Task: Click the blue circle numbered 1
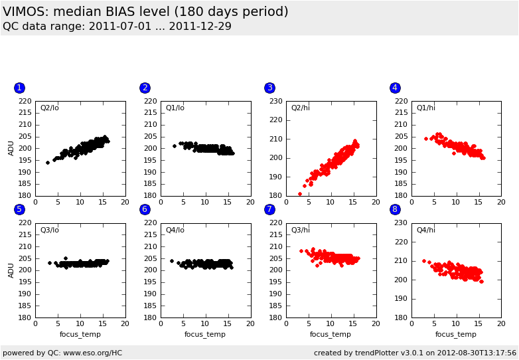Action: pos(19,88)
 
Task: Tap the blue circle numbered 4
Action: pos(395,88)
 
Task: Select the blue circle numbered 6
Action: pos(145,209)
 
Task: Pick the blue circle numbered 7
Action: pos(269,209)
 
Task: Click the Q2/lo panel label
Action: pos(50,108)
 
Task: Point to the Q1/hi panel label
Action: pos(426,108)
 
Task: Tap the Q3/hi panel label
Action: pos(301,230)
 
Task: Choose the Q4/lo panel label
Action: pos(175,230)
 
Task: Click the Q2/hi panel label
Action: pos(301,108)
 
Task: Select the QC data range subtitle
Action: pos(117,27)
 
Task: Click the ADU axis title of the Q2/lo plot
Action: pos(11,148)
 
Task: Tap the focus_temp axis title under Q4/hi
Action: pos(456,334)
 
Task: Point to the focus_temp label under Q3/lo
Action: pos(80,334)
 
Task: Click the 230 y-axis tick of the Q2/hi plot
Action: pos(277,102)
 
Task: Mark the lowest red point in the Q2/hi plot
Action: pos(299,194)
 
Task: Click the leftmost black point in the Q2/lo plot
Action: pos(48,162)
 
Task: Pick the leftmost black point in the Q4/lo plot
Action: pos(172,260)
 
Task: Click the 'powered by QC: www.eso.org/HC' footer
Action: pos(62,353)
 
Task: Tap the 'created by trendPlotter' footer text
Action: pos(415,353)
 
